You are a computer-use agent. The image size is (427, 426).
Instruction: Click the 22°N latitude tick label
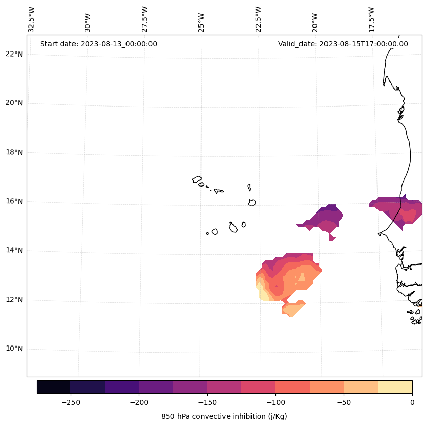[x=14, y=54]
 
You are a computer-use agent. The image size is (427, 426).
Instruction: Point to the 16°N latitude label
[x=14, y=202]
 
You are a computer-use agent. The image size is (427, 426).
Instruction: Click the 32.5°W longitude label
[x=32, y=19]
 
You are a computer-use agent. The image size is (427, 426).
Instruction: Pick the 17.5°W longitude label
[x=372, y=19]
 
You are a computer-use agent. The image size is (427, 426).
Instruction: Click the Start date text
[x=98, y=44]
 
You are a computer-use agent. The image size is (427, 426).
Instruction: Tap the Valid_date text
[x=343, y=44]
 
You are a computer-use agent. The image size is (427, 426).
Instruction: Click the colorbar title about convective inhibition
[x=224, y=416]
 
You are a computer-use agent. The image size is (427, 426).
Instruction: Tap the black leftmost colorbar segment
[x=54, y=387]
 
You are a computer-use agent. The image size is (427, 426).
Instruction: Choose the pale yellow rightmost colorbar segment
[x=395, y=387]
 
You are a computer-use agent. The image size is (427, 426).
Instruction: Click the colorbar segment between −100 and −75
[x=292, y=387]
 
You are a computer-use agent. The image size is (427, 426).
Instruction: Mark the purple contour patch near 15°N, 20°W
[x=324, y=218]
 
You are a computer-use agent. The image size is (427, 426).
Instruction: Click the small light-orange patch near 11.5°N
[x=293, y=308]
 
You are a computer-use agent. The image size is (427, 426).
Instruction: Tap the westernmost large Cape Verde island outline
[x=197, y=179]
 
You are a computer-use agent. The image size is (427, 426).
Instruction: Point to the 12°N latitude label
[x=14, y=300]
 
